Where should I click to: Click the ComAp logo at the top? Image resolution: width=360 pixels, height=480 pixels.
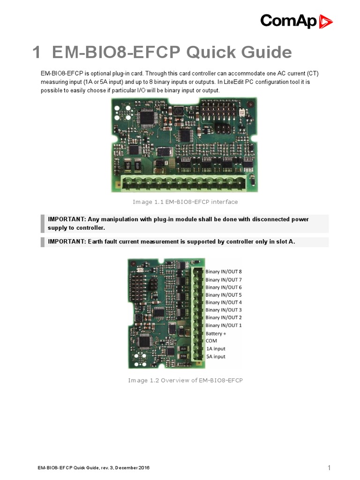[296, 21]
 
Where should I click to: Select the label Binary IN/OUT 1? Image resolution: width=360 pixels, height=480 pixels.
[224, 325]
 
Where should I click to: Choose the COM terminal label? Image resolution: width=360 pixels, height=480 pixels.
[211, 341]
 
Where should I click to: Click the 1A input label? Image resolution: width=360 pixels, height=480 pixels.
[216, 349]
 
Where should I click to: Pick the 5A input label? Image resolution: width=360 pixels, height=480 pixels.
[216, 357]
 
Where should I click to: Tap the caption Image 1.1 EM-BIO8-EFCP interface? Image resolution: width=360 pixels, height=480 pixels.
[185, 202]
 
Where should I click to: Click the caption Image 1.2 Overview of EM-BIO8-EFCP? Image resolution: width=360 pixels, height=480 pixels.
[185, 380]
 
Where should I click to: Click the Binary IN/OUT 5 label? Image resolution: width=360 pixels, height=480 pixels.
[224, 295]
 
